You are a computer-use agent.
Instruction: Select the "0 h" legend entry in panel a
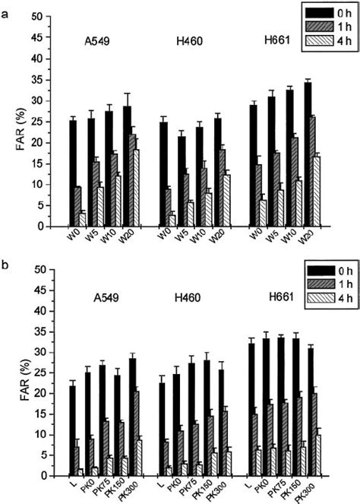[334, 13]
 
